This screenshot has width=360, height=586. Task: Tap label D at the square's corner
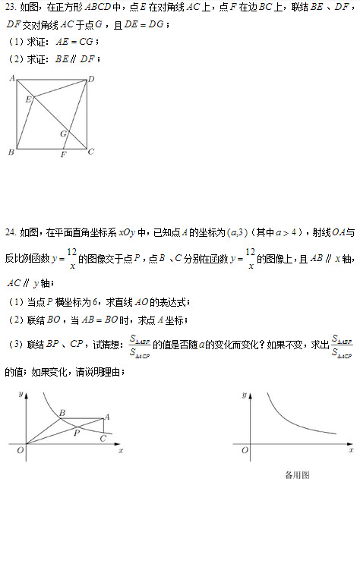click(x=91, y=79)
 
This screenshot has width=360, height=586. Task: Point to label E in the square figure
click(x=28, y=99)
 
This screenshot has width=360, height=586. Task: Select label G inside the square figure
click(x=64, y=134)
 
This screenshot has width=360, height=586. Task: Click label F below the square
click(x=63, y=154)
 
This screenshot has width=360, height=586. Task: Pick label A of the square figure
click(x=12, y=79)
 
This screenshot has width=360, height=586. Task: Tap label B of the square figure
click(x=11, y=153)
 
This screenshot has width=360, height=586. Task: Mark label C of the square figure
click(x=91, y=152)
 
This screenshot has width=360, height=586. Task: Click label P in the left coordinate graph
click(x=77, y=433)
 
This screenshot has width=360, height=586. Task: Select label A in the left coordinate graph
click(x=107, y=416)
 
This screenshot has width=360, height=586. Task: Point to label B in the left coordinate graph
click(x=62, y=412)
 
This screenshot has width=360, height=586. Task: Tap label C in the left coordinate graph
click(x=103, y=438)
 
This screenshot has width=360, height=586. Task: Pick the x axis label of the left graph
click(x=121, y=450)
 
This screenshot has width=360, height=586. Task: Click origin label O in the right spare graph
click(x=245, y=451)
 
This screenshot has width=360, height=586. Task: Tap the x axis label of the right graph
click(x=351, y=450)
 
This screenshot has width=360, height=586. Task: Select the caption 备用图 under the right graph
click(x=297, y=475)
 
